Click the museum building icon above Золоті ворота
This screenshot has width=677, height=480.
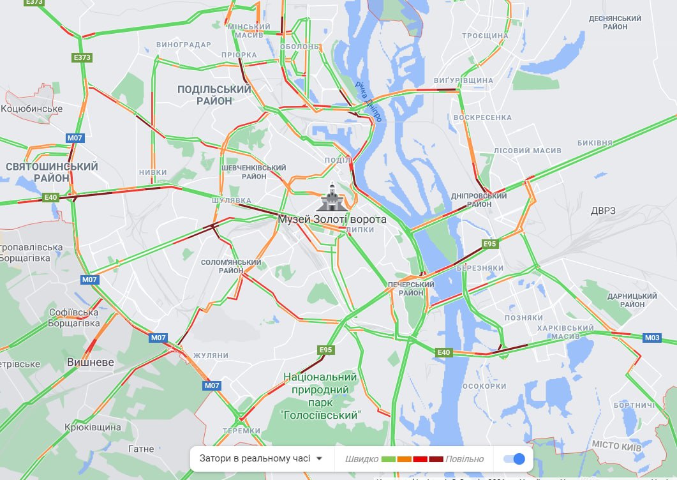tap(332, 199)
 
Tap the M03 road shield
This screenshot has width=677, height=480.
tap(652, 338)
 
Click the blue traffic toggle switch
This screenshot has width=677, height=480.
tap(514, 458)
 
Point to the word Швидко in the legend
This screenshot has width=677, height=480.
tap(361, 459)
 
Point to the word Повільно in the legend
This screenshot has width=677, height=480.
tap(465, 459)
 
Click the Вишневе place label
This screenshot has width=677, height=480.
tap(91, 363)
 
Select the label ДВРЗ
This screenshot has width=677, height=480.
tap(603, 211)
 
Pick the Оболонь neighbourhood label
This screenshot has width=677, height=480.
tap(299, 47)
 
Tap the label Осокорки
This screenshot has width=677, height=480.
tap(484, 386)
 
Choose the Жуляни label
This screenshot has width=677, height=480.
tap(211, 355)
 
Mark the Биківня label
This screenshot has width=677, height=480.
tap(595, 143)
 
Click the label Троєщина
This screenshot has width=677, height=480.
tap(485, 36)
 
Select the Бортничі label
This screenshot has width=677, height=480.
tap(634, 405)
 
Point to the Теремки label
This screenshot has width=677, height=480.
tap(242, 430)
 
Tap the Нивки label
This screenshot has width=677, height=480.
tap(153, 172)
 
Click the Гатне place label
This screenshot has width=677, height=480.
tap(141, 449)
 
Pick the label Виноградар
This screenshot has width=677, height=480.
tap(184, 45)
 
